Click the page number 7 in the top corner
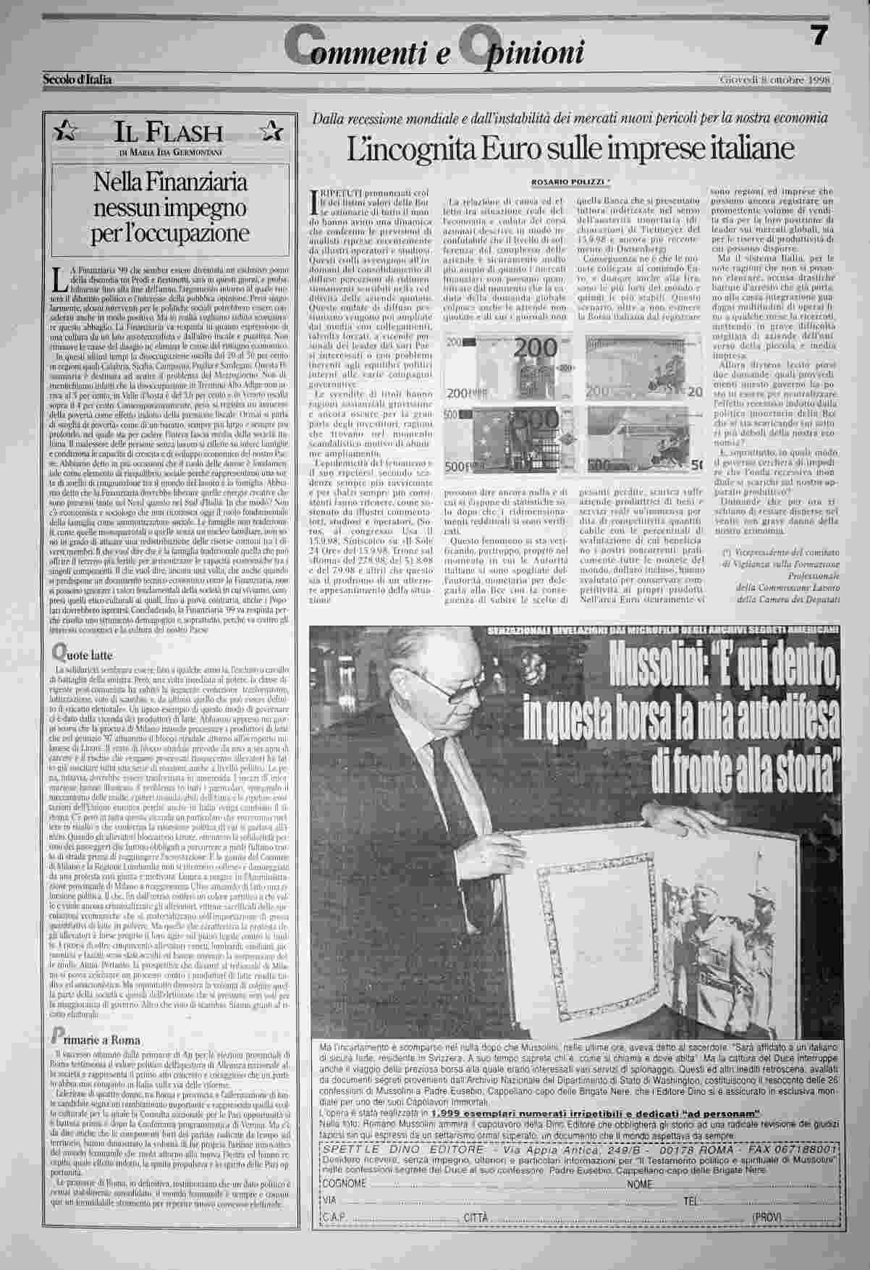point(818,36)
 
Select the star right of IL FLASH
point(271,131)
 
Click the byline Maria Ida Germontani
point(171,152)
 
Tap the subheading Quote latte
point(85,655)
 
